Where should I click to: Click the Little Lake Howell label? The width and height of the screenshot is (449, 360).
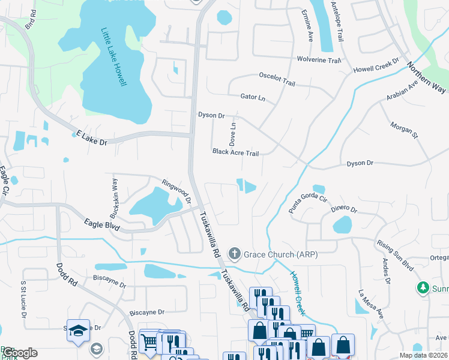point(113,57)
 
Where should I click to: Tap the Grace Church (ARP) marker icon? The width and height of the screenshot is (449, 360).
point(235,254)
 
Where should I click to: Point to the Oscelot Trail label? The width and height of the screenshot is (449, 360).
point(277,82)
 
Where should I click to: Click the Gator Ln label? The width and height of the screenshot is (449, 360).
point(252,97)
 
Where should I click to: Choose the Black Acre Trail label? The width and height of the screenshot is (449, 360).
point(235,153)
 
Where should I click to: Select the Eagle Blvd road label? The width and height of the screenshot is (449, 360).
point(102,225)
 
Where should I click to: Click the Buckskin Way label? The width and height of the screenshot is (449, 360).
point(113,197)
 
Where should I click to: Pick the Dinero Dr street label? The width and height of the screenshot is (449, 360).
point(344,209)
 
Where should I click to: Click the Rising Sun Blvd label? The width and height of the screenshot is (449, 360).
point(396,255)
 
